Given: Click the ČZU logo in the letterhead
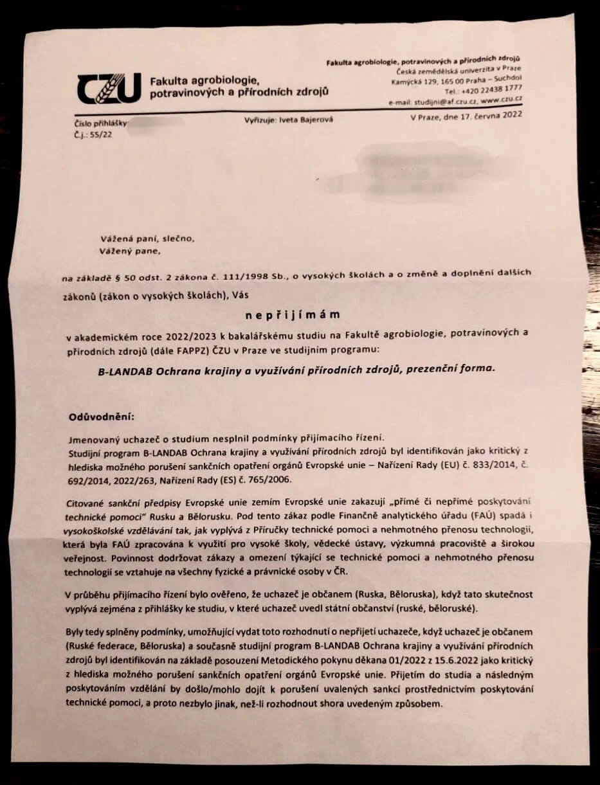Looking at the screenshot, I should coord(107,89).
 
